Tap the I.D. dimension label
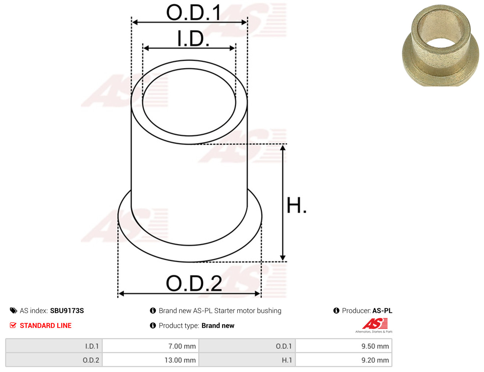193,39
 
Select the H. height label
296,205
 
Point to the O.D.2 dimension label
194,283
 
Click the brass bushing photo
440,45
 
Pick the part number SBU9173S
67,311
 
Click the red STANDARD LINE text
46,325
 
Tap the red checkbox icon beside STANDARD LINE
13,325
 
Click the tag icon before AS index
13,311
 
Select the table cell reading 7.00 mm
150,346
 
